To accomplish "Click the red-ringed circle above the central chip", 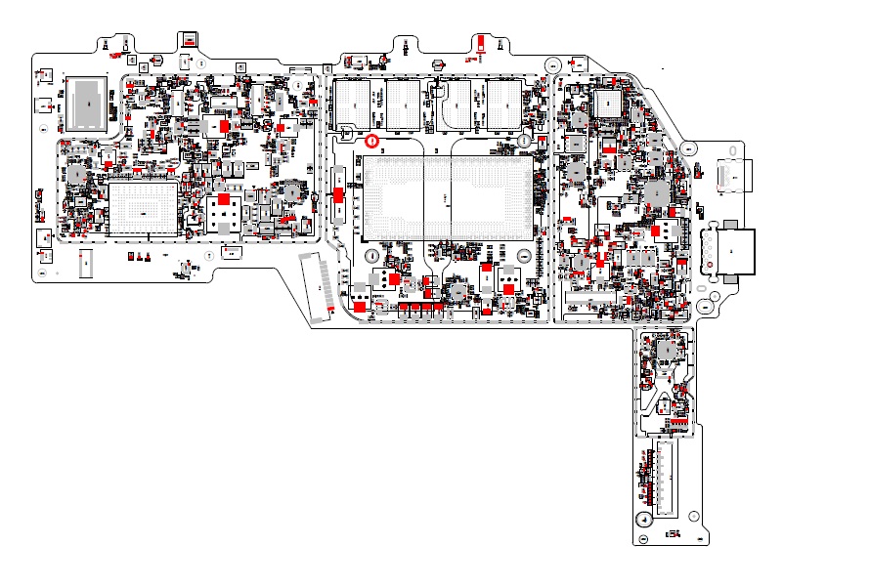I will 371,142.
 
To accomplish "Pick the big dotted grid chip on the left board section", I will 143,210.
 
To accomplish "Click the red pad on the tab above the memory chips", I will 480,42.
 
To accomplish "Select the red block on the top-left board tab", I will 186,40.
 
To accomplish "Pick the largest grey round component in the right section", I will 656,192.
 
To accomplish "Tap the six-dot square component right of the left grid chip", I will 224,213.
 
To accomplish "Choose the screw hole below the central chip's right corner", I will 524,256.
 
